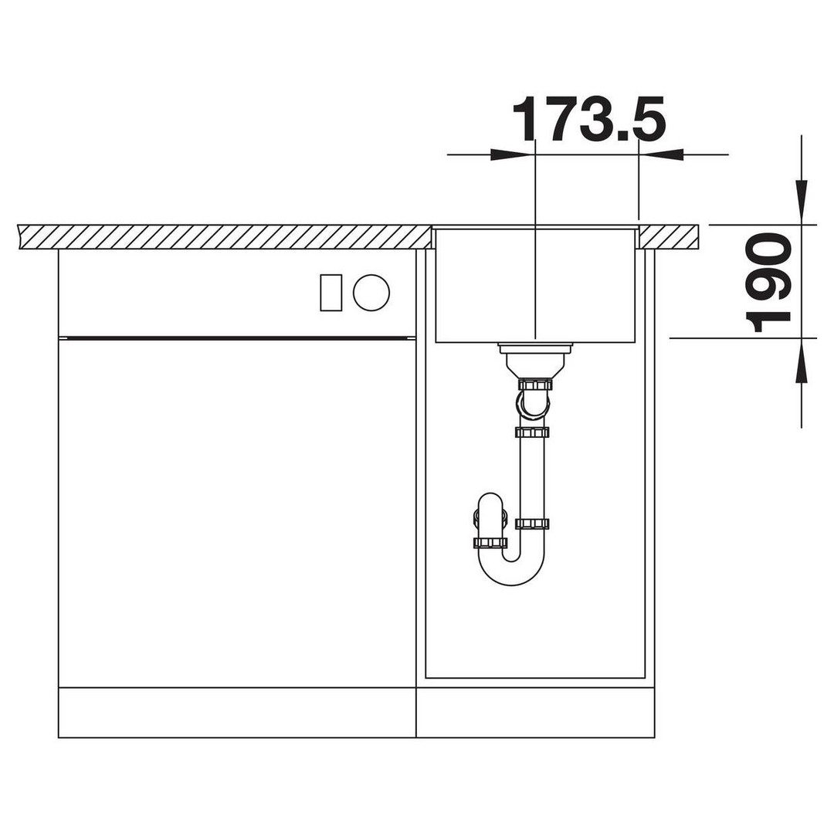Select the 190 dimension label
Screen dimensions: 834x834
[768, 283]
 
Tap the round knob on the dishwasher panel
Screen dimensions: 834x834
[371, 292]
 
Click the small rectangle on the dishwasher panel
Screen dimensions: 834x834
[331, 293]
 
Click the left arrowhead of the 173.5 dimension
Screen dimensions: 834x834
[511, 154]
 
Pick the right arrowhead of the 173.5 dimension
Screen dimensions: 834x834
[660, 154]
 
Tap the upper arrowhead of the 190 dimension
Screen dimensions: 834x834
[802, 202]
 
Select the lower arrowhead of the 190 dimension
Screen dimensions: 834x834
[802, 360]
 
